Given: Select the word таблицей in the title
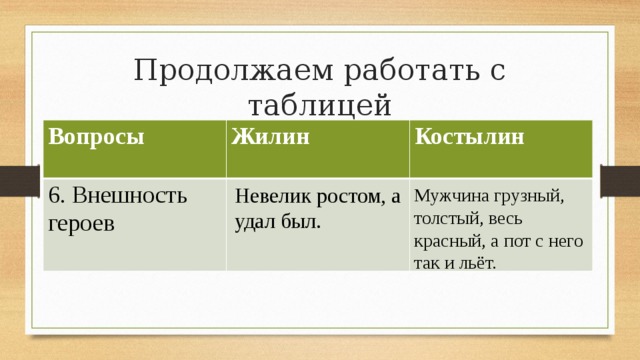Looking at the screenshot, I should tap(319, 105).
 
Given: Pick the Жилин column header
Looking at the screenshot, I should tap(268, 137).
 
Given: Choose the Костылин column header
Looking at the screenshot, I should tap(468, 137).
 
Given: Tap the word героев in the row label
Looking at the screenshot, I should tap(81, 221).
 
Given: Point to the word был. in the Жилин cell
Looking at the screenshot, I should tap(299, 220).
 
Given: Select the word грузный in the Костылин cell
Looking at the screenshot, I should tap(526, 195).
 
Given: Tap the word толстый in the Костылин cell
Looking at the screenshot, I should tap(443, 218).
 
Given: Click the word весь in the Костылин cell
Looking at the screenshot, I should tap(503, 218).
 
